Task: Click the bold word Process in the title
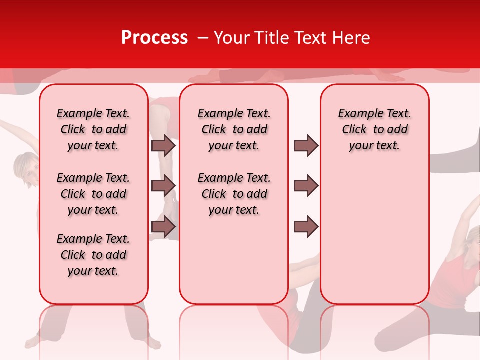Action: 154,38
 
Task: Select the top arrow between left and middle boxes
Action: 163,146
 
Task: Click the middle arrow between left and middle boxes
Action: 163,186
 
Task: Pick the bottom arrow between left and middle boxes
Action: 163,226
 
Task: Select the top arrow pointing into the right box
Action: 306,146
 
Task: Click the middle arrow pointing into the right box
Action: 306,186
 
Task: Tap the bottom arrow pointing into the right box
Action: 306,226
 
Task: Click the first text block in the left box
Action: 93,129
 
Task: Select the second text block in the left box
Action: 93,194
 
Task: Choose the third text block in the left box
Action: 93,255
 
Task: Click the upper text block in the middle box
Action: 234,129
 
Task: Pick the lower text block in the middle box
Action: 234,194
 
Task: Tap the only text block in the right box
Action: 374,129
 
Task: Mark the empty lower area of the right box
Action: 374,235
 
